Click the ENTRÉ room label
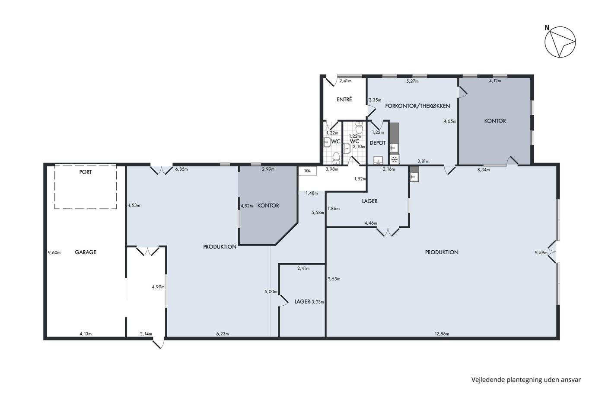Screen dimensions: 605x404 tap(344, 100)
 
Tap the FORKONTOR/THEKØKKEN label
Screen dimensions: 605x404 tap(417, 106)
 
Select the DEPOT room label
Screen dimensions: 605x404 tap(378, 143)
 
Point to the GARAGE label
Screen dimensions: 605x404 tap(86, 252)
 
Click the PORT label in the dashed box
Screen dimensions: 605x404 tap(86, 172)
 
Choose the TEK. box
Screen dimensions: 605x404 tap(307, 171)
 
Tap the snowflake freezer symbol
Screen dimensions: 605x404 tap(395, 159)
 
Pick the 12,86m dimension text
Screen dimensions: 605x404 tap(442, 334)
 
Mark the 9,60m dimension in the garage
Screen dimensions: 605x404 tap(54, 253)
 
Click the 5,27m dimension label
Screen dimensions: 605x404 tap(412, 81)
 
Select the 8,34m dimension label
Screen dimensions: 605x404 tap(484, 170)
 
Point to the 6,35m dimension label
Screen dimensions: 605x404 tap(181, 169)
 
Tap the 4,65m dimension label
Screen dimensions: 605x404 tap(450, 121)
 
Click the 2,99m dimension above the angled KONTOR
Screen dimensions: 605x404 tap(268, 169)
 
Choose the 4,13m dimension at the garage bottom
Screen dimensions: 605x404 tap(86, 334)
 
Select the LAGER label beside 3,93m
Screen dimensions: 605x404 tap(302, 301)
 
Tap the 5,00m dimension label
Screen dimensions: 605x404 tap(271, 292)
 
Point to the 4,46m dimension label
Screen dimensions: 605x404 tap(371, 223)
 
